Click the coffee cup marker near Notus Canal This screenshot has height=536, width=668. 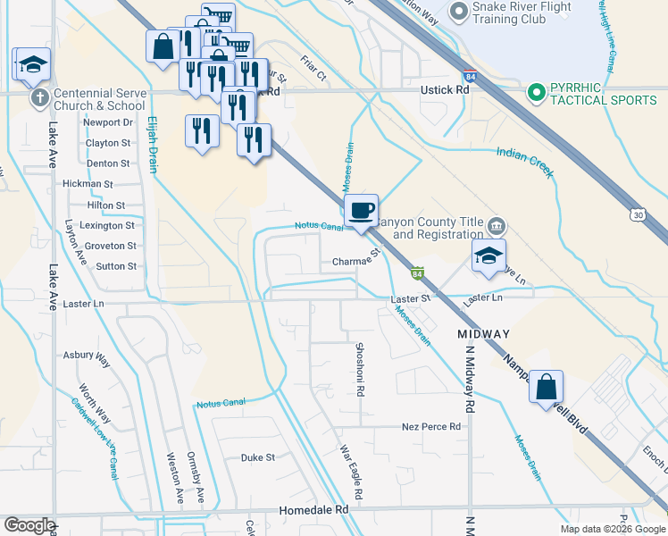(x=362, y=211)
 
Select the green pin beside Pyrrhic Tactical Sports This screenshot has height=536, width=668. (x=537, y=92)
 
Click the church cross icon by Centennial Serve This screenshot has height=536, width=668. (x=38, y=97)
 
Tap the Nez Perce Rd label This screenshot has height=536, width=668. (x=430, y=427)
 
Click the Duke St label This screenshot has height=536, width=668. (x=257, y=457)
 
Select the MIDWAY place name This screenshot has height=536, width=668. (x=483, y=334)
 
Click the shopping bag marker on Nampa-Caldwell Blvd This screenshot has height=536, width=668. (x=547, y=388)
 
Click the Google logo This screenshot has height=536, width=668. (x=29, y=525)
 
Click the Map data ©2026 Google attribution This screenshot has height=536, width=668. (x=612, y=529)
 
